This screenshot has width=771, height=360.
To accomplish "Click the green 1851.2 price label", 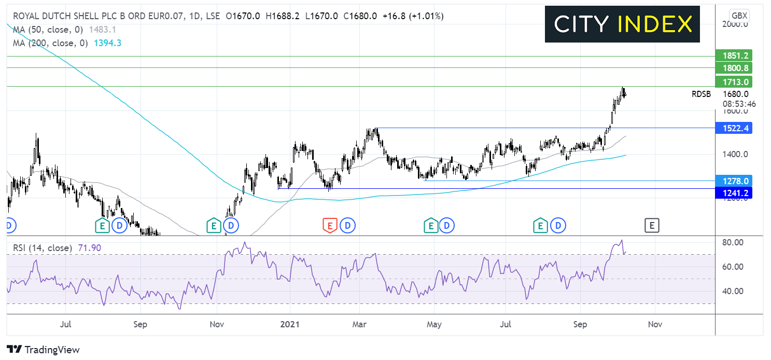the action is pos(734,56).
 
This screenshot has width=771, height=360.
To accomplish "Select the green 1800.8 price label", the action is pos(734,68).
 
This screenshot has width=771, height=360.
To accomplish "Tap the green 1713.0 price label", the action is pos(734,82).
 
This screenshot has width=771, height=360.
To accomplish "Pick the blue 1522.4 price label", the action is pos(734,128).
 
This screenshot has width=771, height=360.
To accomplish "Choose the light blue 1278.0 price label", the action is pos(734,181).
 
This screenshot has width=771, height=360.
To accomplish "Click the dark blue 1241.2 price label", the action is pos(734,193).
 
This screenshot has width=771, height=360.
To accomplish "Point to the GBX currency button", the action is pos(739,16).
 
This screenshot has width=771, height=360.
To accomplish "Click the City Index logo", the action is pos(622,24).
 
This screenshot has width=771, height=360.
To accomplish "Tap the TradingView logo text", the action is pos(43,350).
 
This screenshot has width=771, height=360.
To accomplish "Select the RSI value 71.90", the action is pos(90,248).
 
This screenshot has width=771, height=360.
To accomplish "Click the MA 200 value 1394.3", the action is pos(107,43).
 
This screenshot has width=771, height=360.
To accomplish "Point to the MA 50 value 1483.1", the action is pos(102,30).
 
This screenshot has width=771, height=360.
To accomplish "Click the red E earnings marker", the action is pos(330,226).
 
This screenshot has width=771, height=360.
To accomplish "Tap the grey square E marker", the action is pos(652,226).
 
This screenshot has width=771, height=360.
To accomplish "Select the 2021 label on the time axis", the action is pos(290,324).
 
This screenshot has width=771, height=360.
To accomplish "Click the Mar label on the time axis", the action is pos(359,324).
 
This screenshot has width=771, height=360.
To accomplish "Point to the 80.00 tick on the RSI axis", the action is pos(733,243).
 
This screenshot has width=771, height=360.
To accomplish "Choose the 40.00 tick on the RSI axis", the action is pos(733,292).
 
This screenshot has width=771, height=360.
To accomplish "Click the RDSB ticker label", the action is pos(701,94).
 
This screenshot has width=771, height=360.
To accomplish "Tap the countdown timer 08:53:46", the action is pos(739,104).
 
